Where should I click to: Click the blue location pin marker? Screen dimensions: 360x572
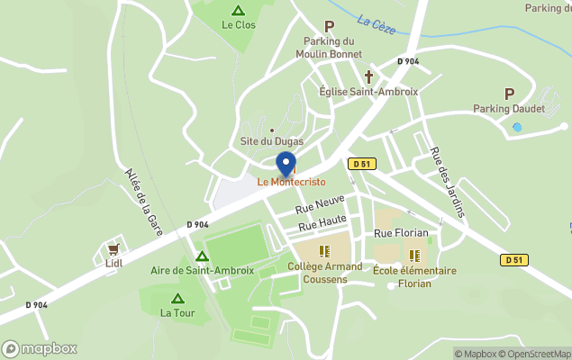[x=286, y=165]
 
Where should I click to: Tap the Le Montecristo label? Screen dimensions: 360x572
[x=292, y=182]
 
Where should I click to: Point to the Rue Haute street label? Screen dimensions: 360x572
[x=322, y=225]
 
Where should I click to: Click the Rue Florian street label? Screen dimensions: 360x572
[x=401, y=233]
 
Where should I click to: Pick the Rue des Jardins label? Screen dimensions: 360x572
[x=448, y=183]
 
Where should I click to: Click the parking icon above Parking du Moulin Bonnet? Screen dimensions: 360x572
[x=329, y=26]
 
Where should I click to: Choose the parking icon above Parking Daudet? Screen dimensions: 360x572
[x=509, y=94]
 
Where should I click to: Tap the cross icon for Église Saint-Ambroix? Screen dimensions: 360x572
[x=368, y=76]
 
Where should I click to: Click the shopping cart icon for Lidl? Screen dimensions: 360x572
[x=113, y=248]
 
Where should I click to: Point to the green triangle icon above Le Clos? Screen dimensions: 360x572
[x=239, y=11]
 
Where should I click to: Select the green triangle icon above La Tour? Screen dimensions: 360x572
[x=177, y=298]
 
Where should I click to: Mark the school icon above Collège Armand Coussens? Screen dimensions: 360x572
[x=324, y=251]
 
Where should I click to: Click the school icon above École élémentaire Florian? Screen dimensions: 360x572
[x=414, y=256]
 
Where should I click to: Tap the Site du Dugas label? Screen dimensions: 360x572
[x=271, y=141]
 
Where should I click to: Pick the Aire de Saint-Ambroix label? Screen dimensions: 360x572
[x=203, y=270]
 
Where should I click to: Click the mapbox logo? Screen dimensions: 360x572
[x=40, y=348]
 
